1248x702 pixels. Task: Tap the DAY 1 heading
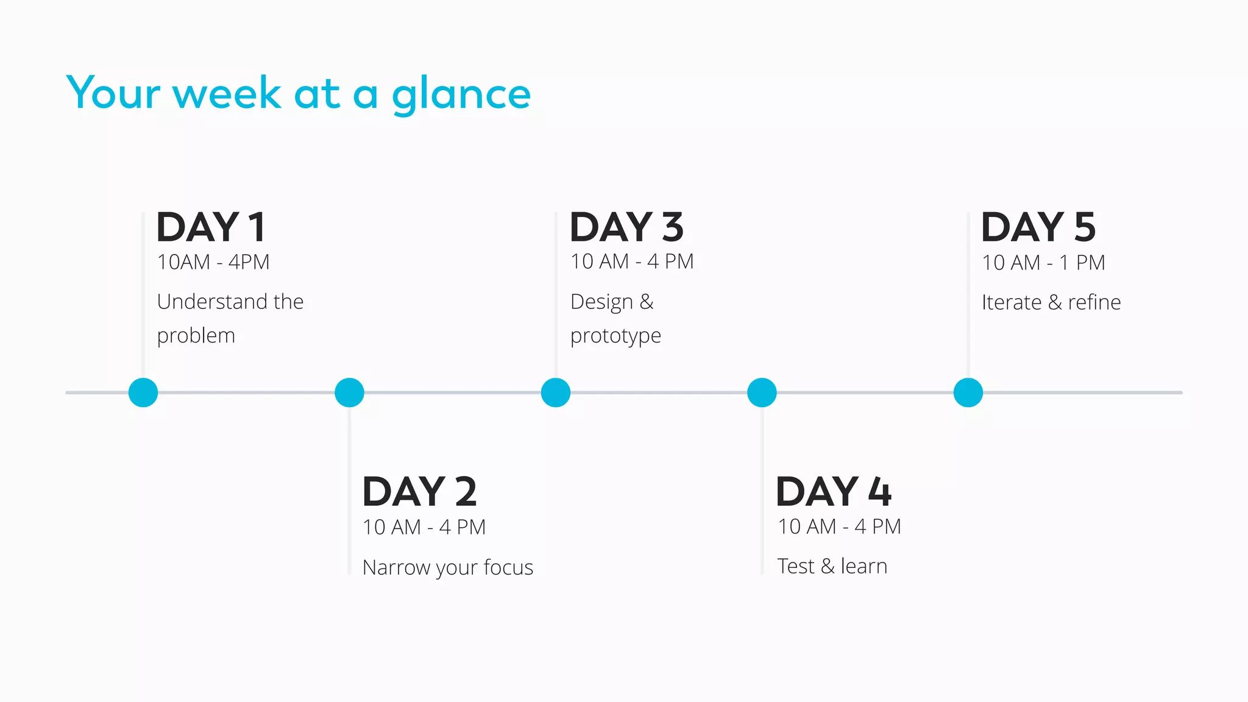pos(211,227)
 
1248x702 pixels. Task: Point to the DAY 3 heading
pos(626,227)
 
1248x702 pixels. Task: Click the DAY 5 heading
pos(1038,227)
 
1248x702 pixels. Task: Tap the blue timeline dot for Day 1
pos(143,392)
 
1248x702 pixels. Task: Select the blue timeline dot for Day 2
pos(349,392)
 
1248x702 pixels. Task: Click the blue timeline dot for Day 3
pos(556,392)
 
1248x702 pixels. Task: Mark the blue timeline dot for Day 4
pos(762,392)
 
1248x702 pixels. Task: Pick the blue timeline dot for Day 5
pos(968,392)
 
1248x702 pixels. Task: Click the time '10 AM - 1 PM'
pos(1043,263)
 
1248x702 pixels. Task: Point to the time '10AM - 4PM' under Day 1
pos(213,262)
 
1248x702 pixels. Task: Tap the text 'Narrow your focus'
pos(448,567)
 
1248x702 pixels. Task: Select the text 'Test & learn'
pos(832,566)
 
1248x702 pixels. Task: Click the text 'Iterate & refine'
pos(1051,302)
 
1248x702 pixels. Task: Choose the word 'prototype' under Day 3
pos(615,336)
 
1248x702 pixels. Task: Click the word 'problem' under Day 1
pos(196,336)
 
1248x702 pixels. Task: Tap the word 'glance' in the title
pos(461,95)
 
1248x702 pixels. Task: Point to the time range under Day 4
pos(839,526)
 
